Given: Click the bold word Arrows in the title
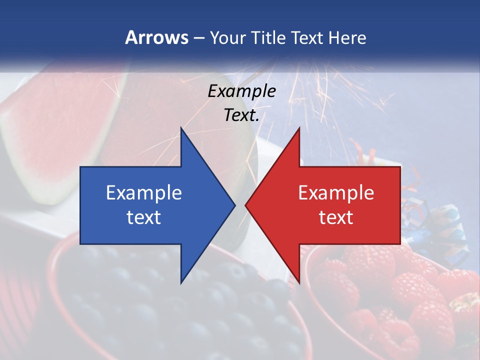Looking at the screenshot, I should click(156, 37).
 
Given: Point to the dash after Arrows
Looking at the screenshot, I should click(199, 38).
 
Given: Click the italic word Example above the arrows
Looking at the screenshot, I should click(242, 91).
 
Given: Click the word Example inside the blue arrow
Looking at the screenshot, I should click(144, 193).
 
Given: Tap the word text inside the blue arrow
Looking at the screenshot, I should click(144, 217).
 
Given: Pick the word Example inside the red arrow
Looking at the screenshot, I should click(336, 193).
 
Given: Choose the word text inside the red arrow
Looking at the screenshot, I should click(336, 217).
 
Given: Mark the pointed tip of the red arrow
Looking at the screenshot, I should click(246, 205).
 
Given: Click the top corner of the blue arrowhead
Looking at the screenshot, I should click(181, 129).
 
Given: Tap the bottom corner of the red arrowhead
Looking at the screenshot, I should click(299, 282).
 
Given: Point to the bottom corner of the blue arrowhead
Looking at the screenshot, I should click(181, 282).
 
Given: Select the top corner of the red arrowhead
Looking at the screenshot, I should click(299, 129).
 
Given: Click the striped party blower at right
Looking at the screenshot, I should click(440, 225).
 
